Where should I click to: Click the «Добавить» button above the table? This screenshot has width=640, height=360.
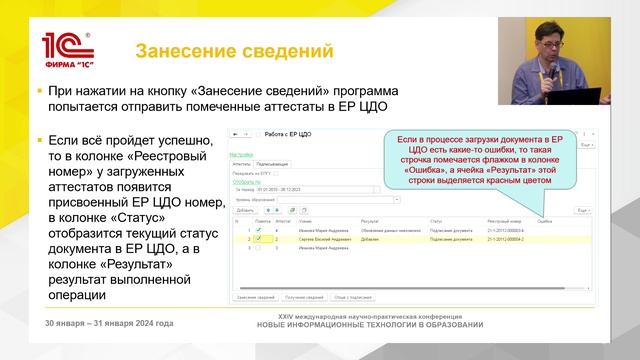246,211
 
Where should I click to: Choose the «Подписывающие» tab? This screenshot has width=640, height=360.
271,163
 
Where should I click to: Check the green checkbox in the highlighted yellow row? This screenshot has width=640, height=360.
258,239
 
